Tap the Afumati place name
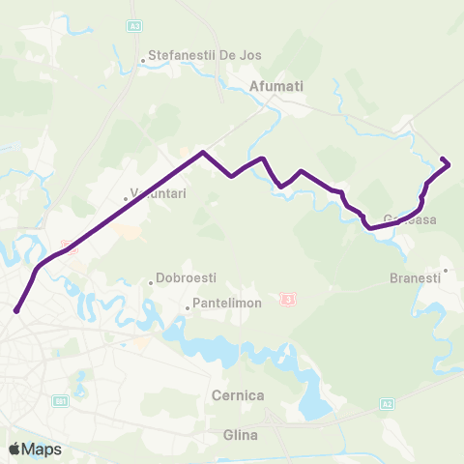(276, 86)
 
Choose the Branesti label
(415, 277)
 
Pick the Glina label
(240, 435)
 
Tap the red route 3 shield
(287, 300)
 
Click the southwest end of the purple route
(16, 310)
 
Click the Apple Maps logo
(35, 449)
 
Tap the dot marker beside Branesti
(445, 270)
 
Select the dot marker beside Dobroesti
(151, 282)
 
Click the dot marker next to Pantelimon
(188, 309)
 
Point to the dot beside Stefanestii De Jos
(143, 62)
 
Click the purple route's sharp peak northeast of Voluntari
(202, 152)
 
